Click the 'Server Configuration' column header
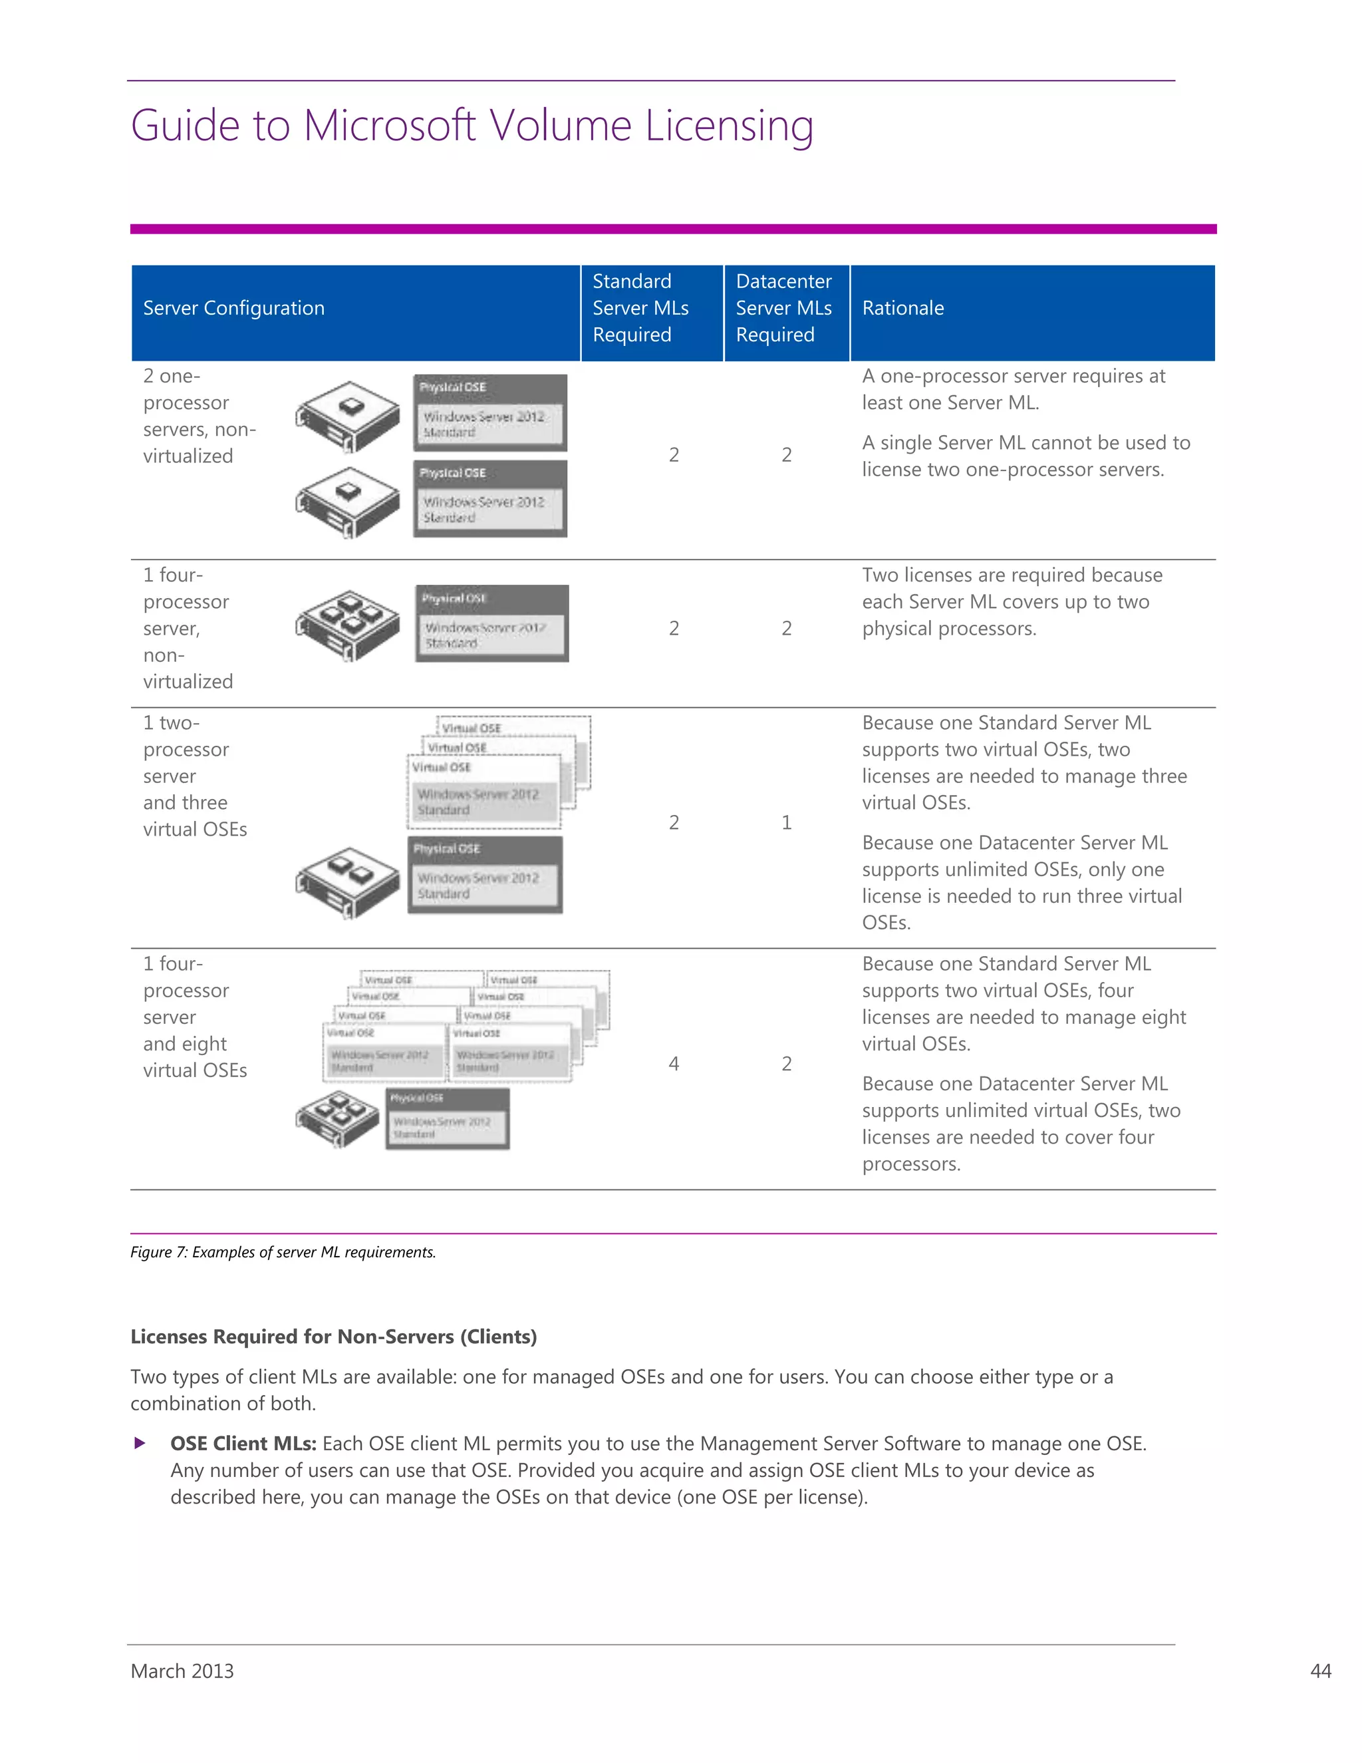tap(233, 309)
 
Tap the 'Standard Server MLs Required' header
tap(640, 309)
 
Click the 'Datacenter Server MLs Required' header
tap(783, 309)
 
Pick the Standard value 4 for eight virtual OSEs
tap(674, 1064)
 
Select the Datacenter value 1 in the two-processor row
tap(786, 822)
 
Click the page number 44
tap(1320, 1671)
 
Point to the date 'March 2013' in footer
tap(182, 1671)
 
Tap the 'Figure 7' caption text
tap(283, 1252)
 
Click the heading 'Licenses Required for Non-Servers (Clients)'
tap(333, 1337)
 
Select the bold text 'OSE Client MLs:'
tap(243, 1444)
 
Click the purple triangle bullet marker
tap(140, 1444)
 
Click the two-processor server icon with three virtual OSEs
tap(348, 881)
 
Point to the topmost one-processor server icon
tap(348, 416)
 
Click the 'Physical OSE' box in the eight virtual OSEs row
tap(447, 1118)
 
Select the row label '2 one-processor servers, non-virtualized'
tap(198, 416)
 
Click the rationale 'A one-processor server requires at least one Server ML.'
tap(1013, 389)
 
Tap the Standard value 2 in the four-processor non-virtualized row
tap(674, 629)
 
